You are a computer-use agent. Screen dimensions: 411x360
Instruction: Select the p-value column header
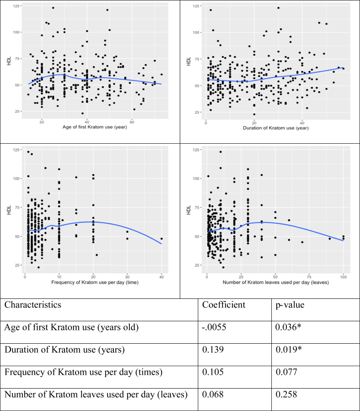pyautogui.click(x=290, y=305)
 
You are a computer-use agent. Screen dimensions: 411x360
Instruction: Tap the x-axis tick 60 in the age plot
pyautogui.click(x=132, y=122)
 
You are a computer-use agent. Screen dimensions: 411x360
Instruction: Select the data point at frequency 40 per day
pyautogui.click(x=161, y=238)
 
